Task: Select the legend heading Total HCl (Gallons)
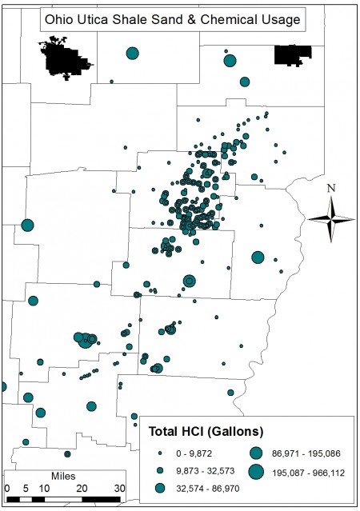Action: point(201,433)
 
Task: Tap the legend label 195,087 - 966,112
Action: point(310,472)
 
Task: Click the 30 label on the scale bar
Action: point(118,487)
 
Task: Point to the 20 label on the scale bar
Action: point(81,487)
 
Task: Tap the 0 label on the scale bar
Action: point(6,487)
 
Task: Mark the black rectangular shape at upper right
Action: point(292,55)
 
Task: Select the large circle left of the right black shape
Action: point(230,61)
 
